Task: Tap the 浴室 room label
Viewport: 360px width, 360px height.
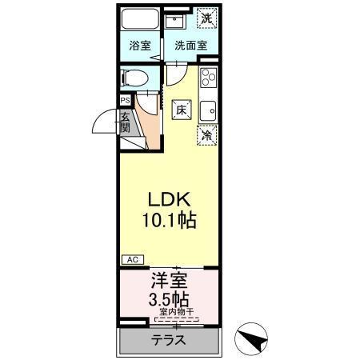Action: click(x=140, y=46)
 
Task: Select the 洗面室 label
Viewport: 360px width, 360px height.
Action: click(x=186, y=46)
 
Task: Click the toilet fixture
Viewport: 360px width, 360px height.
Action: click(x=134, y=78)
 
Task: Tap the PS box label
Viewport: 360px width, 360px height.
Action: click(x=125, y=101)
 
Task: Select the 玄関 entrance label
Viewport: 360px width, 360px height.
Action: click(x=126, y=123)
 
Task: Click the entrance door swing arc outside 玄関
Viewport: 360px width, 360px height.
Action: click(x=102, y=122)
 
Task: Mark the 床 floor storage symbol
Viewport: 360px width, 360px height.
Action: click(x=181, y=111)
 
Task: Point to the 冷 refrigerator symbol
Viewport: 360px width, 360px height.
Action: click(x=206, y=136)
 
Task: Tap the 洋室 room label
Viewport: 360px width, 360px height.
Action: click(x=168, y=282)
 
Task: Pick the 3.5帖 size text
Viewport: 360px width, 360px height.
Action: click(x=168, y=301)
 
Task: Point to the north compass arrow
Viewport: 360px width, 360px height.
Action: click(x=255, y=340)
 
